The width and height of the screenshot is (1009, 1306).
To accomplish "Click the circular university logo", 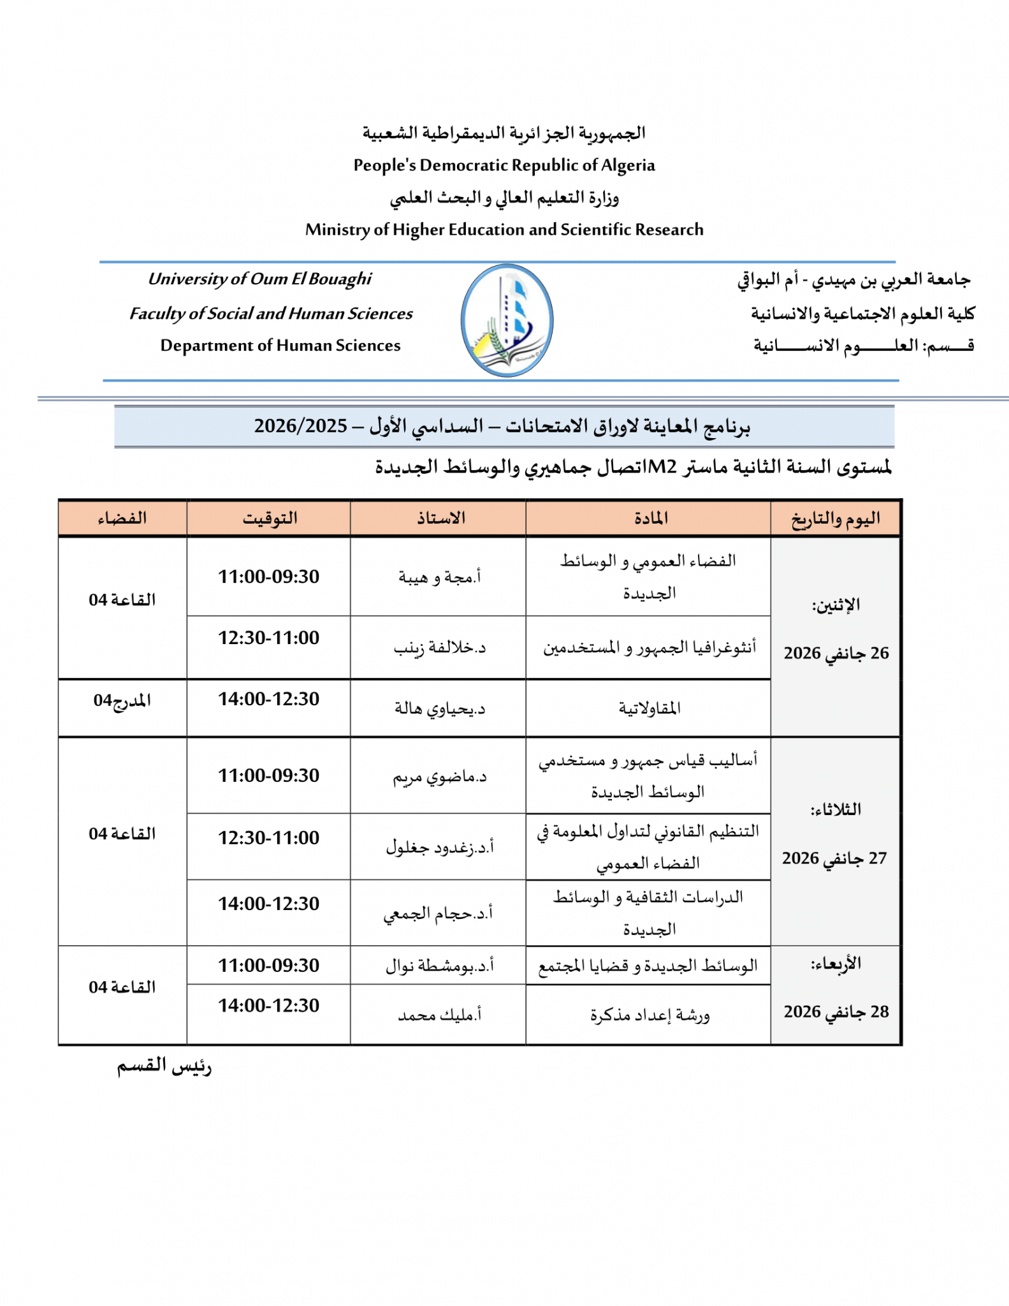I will click(x=507, y=320).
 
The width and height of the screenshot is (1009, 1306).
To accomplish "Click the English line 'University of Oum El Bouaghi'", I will click(x=259, y=279).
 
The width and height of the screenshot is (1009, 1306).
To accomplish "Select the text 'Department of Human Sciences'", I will click(x=280, y=345).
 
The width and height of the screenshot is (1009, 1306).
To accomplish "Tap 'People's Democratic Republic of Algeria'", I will click(x=504, y=165).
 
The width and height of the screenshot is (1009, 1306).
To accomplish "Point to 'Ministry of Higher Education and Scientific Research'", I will click(x=504, y=230).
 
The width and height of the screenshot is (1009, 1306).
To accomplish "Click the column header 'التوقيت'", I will click(x=270, y=518).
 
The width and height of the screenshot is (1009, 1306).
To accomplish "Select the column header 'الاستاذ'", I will click(x=440, y=518).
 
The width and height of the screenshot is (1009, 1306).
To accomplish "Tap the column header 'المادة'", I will click(x=651, y=518).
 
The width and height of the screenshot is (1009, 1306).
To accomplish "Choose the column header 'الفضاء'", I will click(x=122, y=518).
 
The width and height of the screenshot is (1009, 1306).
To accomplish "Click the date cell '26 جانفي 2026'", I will click(x=836, y=653).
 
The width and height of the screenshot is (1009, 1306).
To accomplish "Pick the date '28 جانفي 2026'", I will click(x=836, y=1011).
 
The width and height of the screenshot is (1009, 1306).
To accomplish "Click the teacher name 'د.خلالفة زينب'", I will click(x=440, y=648).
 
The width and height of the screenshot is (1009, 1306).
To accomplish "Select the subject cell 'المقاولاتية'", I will click(x=650, y=708).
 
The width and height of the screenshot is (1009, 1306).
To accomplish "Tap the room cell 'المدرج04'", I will click(x=122, y=700).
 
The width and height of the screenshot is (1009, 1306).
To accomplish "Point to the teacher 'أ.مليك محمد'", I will click(x=440, y=1014).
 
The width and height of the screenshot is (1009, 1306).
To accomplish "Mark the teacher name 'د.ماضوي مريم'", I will click(x=440, y=777).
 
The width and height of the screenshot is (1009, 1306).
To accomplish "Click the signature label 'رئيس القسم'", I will click(x=164, y=1066).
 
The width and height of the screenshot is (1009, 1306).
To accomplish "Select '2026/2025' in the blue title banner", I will click(x=301, y=426).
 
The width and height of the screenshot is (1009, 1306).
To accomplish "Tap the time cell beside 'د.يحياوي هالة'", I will click(x=269, y=699).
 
